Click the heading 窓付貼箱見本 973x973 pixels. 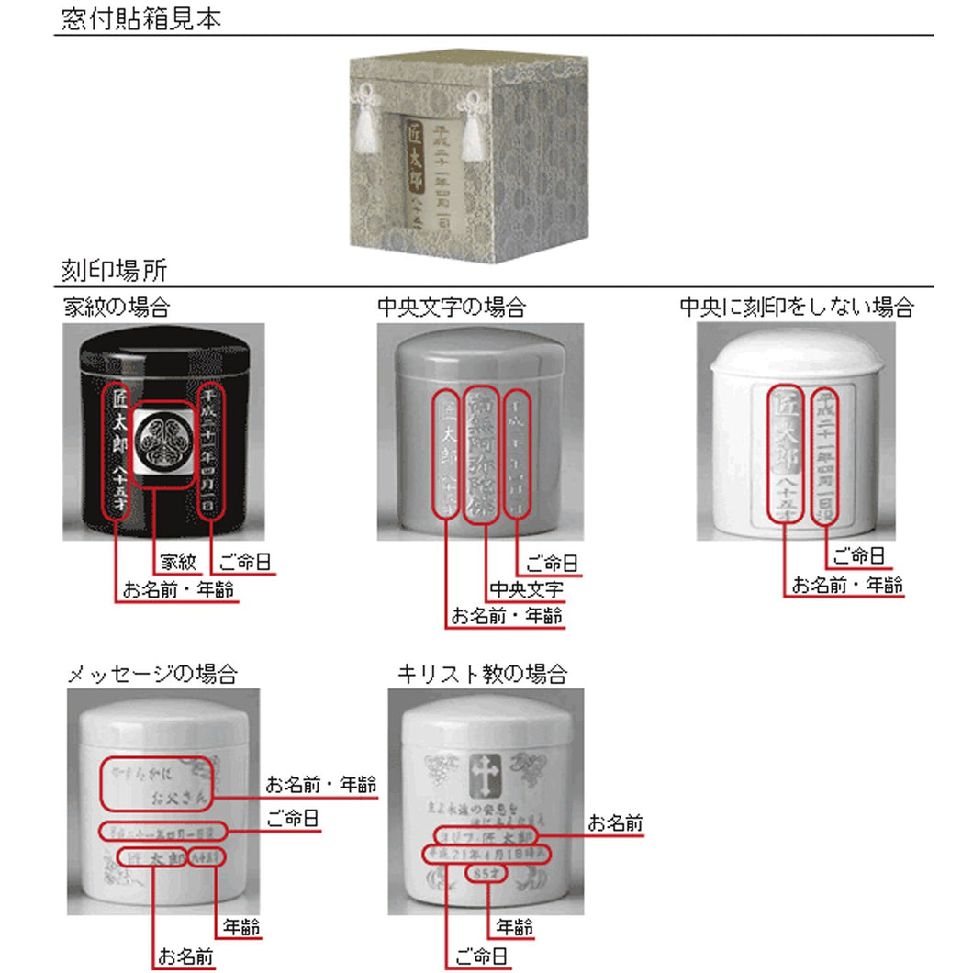(x=141, y=19)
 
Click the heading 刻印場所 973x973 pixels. (x=114, y=271)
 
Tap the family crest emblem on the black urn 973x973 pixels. (x=162, y=446)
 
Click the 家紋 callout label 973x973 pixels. (x=178, y=561)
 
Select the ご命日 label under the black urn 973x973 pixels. (x=243, y=561)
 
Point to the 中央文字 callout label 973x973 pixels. (x=526, y=588)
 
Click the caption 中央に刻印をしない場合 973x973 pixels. (x=796, y=306)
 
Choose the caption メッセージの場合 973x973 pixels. (x=152, y=674)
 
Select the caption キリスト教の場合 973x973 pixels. (x=482, y=674)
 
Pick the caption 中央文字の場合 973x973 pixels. (x=452, y=306)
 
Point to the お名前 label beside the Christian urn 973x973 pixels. (x=615, y=823)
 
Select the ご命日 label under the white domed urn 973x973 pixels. (x=858, y=554)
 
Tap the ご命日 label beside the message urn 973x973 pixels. (x=293, y=818)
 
